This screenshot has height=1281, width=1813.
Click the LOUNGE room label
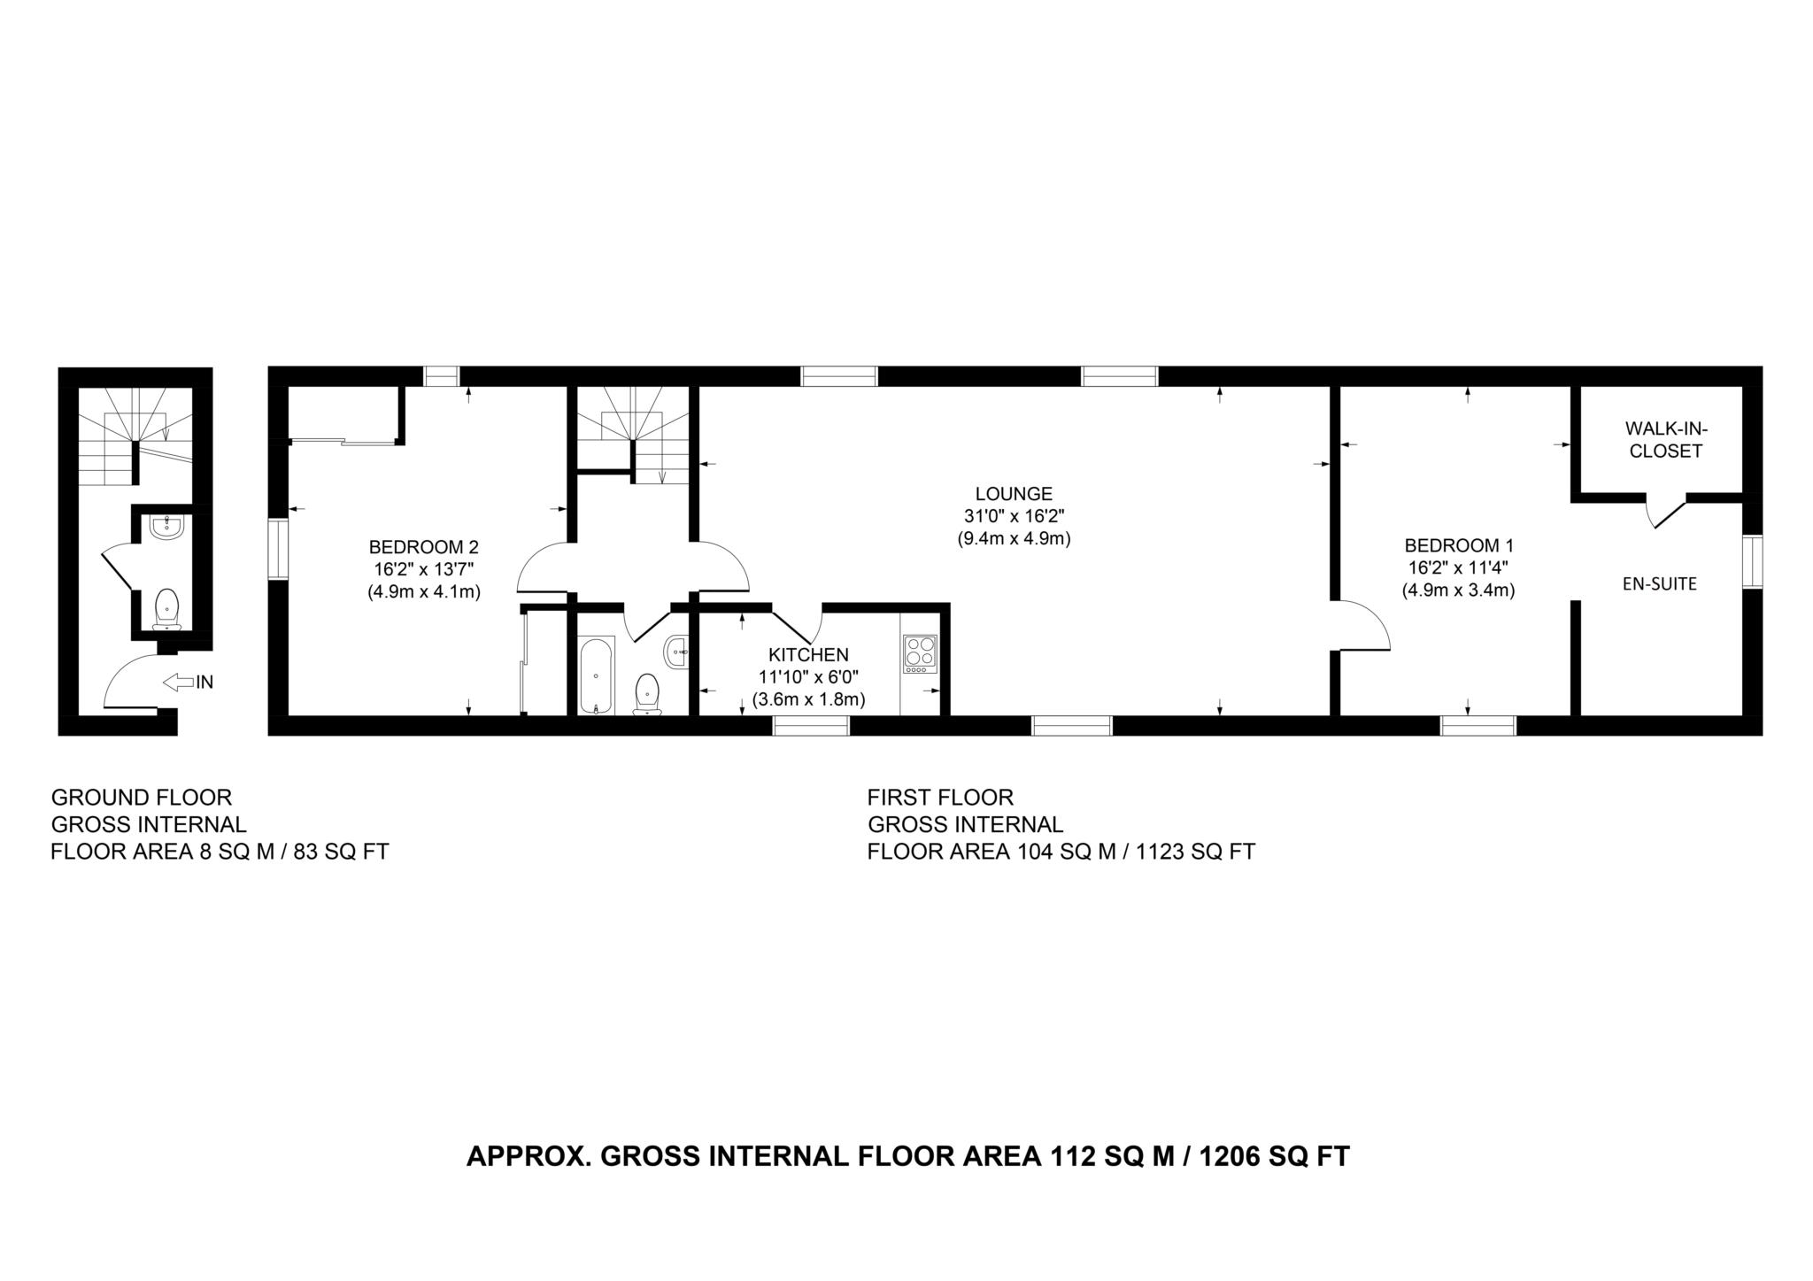point(1014,494)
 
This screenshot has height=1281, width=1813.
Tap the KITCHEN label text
point(808,655)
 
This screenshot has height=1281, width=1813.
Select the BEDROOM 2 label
point(424,547)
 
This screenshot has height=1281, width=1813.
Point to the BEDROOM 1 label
point(1458,545)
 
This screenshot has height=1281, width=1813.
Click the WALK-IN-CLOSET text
point(1666,440)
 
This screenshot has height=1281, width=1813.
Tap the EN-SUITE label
point(1659,584)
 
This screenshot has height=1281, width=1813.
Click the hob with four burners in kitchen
point(920,653)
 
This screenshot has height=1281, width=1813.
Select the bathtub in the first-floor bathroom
point(597,675)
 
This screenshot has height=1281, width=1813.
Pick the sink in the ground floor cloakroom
point(166,528)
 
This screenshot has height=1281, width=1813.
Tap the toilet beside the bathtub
point(647,692)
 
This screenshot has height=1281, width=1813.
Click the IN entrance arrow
point(188,682)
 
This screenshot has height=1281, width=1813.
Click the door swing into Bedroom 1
point(1363,626)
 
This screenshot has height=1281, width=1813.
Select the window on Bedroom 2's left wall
point(278,550)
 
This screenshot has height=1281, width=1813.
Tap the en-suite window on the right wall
point(1752,561)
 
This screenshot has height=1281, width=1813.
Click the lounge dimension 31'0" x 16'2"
point(1014,516)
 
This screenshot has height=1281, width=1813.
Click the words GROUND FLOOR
point(142,798)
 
